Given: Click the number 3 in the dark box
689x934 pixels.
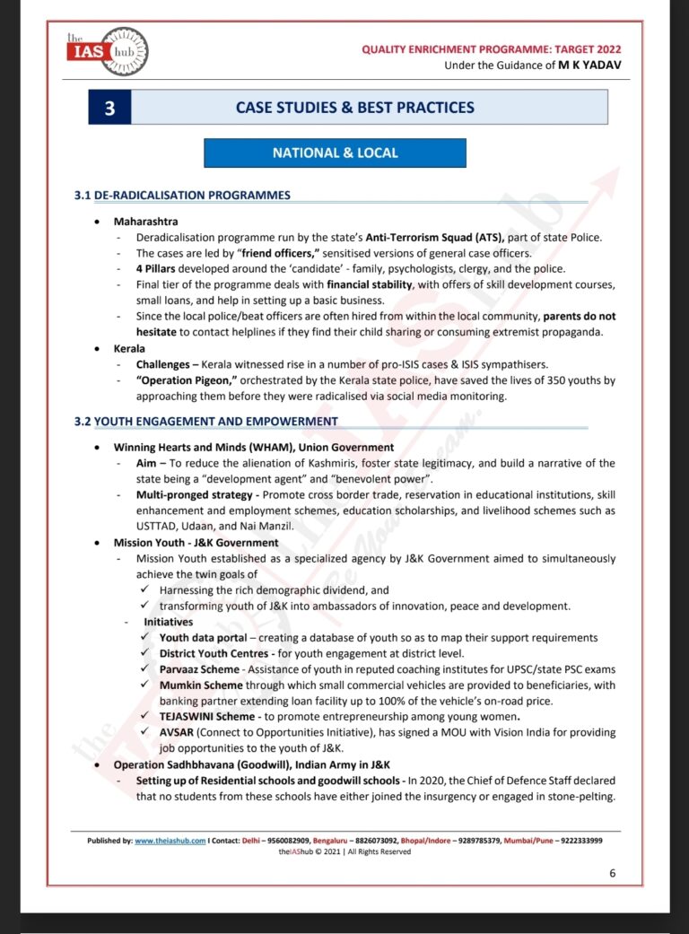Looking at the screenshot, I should [109, 108].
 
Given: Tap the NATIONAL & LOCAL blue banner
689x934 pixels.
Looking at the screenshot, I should [335, 153].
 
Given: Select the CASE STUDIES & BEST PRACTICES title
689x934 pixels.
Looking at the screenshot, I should [354, 108].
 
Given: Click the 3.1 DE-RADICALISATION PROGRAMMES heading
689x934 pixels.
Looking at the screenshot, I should [182, 195].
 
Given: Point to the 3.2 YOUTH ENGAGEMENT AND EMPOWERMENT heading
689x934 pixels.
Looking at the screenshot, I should [205, 421].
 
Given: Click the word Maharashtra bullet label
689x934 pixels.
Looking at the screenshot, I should [145, 221].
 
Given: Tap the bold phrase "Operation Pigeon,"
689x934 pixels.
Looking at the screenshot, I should [185, 380].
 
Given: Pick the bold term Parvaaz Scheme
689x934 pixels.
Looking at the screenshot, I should [199, 669].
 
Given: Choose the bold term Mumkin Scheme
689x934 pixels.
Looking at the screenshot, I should [201, 685].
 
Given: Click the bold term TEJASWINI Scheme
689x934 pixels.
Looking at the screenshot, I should [207, 717].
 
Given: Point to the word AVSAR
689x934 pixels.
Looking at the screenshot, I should [178, 733].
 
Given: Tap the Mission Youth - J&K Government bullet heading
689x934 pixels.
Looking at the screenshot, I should [196, 542].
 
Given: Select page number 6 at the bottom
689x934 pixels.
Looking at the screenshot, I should [612, 873].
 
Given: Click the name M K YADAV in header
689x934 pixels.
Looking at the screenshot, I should [589, 65].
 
